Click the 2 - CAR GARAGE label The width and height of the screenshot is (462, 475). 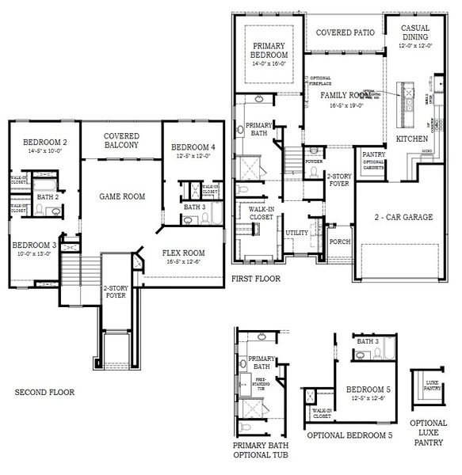tap(404, 218)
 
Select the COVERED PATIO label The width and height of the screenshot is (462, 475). tap(345, 33)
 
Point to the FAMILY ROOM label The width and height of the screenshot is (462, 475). tap(346, 96)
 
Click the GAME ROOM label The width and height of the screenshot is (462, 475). tap(121, 196)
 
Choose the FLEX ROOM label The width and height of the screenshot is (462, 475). tap(184, 254)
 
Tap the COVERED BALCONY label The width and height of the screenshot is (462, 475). tap(121, 141)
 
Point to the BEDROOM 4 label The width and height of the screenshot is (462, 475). tap(192, 147)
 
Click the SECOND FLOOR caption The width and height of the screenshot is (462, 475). tap(44, 392)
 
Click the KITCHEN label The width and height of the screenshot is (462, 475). tap(412, 139)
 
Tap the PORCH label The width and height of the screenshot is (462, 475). tap(340, 241)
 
